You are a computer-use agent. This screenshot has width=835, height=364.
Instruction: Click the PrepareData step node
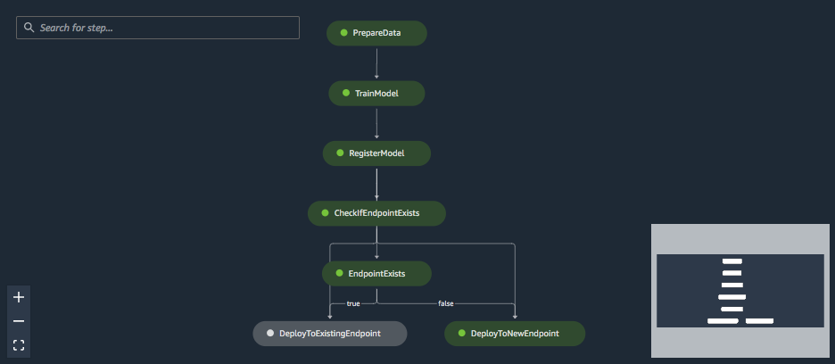[376, 33]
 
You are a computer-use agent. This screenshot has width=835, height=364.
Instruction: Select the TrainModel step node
[376, 93]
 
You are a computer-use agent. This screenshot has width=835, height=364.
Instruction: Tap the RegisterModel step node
[376, 153]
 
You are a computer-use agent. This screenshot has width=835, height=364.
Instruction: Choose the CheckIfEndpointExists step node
[376, 213]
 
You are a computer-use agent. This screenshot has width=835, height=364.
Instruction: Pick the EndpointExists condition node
[376, 273]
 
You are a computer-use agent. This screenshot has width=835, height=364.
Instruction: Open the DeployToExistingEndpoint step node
[330, 334]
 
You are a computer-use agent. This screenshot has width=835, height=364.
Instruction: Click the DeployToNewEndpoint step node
[515, 334]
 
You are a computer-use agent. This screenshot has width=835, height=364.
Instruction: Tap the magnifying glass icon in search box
[29, 28]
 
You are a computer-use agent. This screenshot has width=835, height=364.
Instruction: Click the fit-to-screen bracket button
[19, 344]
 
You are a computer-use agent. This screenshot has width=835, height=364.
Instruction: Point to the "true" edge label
[353, 303]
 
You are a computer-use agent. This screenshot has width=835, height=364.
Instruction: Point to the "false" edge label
[446, 303]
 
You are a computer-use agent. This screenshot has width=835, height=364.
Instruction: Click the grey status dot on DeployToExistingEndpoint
[270, 334]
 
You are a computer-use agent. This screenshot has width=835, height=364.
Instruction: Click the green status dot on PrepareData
[343, 33]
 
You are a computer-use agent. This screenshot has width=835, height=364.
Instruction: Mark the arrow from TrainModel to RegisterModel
[376, 123]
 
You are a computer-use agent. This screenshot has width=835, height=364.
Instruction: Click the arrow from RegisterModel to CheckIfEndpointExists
[376, 183]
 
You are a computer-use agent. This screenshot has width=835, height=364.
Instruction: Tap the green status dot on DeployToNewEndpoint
[461, 334]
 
